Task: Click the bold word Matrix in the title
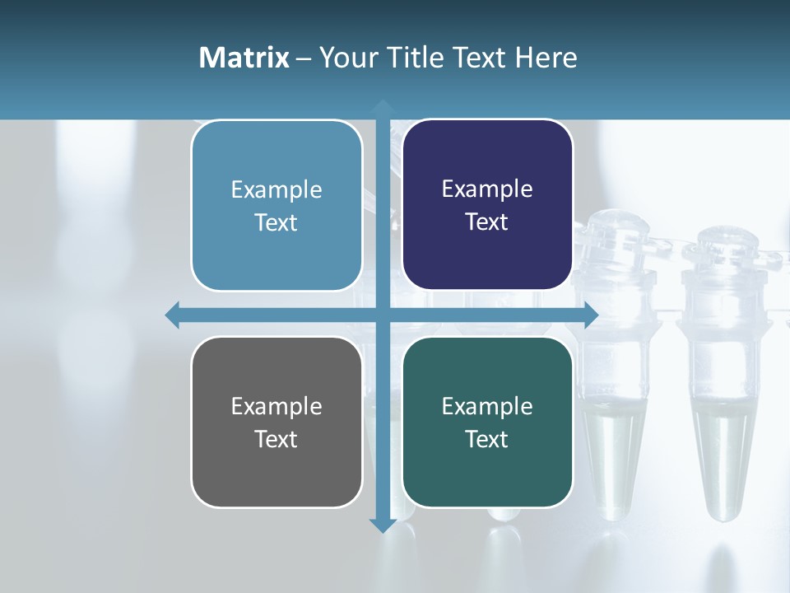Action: (244, 58)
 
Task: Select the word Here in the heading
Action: (546, 58)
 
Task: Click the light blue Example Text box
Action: (276, 205)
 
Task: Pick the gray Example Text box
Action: (276, 422)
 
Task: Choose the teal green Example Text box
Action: (487, 422)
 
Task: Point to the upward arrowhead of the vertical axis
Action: (382, 108)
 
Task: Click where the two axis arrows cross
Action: (382, 315)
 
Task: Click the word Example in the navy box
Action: (487, 189)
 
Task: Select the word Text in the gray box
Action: (276, 439)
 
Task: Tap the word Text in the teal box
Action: (486, 439)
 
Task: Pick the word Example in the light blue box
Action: (276, 189)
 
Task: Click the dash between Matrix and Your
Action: (304, 58)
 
